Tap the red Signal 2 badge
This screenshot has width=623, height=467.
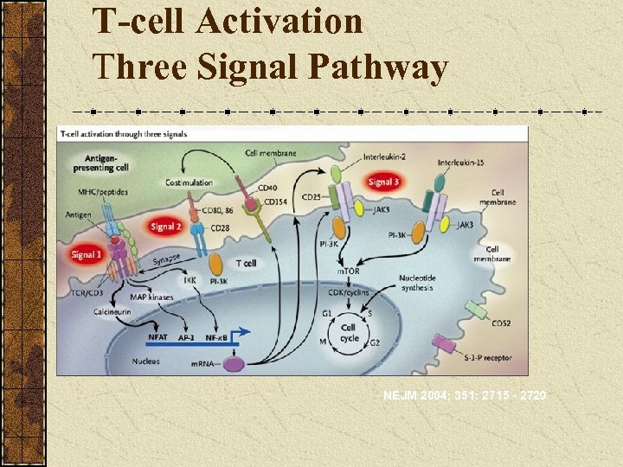pos(165,227)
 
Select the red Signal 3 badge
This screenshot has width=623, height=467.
pos(383,182)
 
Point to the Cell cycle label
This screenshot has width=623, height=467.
pos(348,333)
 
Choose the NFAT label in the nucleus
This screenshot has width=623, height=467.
pos(158,337)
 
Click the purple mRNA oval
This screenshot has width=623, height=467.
pos(234,364)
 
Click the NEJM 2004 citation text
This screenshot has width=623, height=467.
pos(465,396)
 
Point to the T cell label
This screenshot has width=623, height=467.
pos(245,263)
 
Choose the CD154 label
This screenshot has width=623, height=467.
pos(275,202)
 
